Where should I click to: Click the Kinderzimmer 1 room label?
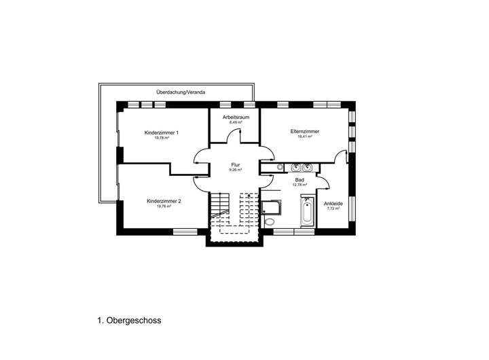162,132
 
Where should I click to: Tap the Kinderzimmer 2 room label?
164,201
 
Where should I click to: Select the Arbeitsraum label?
236,117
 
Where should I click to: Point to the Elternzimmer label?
305,131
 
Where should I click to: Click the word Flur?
236,164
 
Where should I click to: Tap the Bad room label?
300,179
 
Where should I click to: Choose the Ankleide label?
333,203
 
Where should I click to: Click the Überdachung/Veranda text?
180,91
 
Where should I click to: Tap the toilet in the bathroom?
270,220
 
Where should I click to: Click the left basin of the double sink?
295,166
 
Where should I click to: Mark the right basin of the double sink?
308,166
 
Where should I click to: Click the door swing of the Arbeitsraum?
232,135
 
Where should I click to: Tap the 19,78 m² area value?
162,138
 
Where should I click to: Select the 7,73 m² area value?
333,209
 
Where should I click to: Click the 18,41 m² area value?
305,137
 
